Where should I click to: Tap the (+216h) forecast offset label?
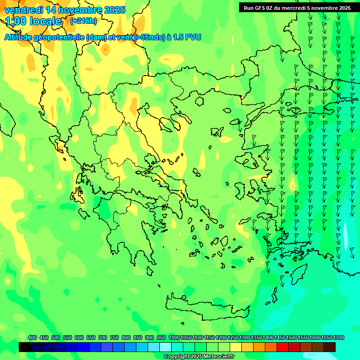pos(83,21)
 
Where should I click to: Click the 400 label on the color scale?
pos(32,338)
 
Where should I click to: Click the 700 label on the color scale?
pos(103,338)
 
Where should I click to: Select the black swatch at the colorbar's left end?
pos(25,347)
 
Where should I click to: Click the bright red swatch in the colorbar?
pos(283,347)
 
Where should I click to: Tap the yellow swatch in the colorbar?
pos(236,347)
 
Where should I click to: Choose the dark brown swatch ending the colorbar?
pos(330,347)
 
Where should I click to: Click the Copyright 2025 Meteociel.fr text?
pos(199,357)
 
